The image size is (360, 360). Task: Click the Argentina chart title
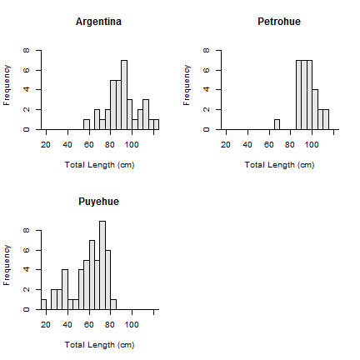pos(98,22)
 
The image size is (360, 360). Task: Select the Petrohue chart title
pos(279,22)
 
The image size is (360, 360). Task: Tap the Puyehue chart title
pos(98,202)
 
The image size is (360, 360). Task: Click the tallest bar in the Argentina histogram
pos(124,95)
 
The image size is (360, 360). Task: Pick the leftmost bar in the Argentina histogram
pos(87,124)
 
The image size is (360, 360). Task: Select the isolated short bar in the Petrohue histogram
pos(277,124)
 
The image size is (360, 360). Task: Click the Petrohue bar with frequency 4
pos(315,109)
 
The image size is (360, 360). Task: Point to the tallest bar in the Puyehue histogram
pos(102,265)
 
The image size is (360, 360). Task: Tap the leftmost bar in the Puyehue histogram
pos(43,304)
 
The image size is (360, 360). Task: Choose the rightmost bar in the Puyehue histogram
pos(113,304)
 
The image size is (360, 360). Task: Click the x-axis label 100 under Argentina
pos(132,145)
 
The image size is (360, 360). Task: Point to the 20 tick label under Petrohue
pos(226,145)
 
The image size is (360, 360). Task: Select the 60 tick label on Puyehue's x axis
pos(89,325)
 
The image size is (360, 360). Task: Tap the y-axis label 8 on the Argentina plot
pos(27,51)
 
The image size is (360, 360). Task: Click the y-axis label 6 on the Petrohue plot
pos(207,70)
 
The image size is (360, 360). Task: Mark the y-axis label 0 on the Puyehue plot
pos(27,309)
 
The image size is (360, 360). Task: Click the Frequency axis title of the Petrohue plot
pos(187,85)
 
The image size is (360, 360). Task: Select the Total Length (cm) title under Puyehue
pos(99,345)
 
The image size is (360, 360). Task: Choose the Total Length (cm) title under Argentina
pos(99,165)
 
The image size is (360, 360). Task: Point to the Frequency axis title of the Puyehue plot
pos(7,265)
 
